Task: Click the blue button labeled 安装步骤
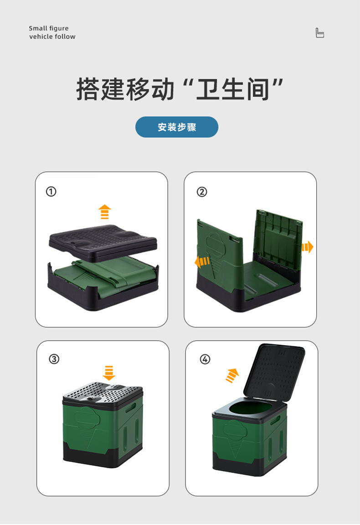coord(177,127)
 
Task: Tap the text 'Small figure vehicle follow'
coord(52,32)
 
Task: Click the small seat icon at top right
coord(320,33)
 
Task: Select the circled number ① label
coord(51,192)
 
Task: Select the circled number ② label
coord(201,192)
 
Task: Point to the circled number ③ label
coord(54,359)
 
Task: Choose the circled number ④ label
coord(205,359)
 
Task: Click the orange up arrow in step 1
coord(105,212)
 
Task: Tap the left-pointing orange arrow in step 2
coord(202,262)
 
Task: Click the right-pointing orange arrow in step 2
coord(307,247)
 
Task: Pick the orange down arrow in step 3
coord(108,372)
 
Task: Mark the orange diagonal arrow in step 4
coord(232,375)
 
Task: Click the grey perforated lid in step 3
coord(103,392)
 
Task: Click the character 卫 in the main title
coord(208,89)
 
